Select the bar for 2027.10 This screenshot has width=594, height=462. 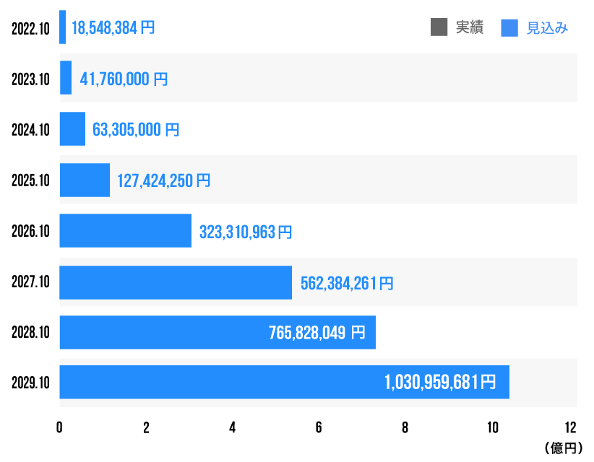tap(176, 282)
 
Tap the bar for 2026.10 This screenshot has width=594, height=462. tap(125, 231)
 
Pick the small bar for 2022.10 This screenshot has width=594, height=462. tap(63, 27)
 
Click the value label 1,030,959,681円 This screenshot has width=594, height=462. tap(440, 382)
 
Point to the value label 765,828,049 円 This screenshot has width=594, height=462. tap(317, 333)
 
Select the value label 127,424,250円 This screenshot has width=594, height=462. tap(164, 180)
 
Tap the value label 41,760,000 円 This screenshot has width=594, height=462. tap(124, 79)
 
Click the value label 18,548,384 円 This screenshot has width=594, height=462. tap(113, 28)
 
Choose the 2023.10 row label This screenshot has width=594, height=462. tap(30, 79)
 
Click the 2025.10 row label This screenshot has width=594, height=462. tap(30, 180)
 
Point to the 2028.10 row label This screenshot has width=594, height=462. tap(30, 333)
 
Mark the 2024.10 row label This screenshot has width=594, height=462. tap(30, 130)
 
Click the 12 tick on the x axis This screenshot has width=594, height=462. tap(571, 427)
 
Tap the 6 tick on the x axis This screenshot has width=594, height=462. tap(319, 427)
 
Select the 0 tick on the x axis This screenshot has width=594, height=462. tap(59, 427)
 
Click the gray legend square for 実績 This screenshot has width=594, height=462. tap(439, 27)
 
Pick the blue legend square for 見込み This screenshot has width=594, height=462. tap(509, 27)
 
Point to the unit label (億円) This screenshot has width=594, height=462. tap(561, 448)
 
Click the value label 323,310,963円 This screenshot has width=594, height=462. tap(246, 232)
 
